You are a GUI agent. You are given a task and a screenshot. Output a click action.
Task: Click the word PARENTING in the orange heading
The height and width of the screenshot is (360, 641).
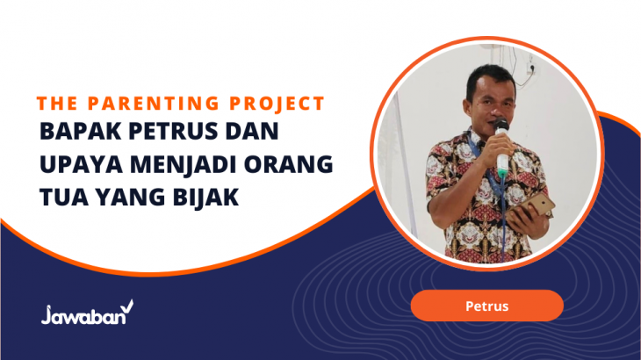click(x=154, y=104)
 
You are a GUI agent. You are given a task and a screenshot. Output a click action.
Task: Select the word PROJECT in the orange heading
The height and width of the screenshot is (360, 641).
click(x=277, y=104)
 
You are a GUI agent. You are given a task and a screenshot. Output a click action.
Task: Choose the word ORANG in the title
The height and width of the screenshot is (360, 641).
click(x=288, y=164)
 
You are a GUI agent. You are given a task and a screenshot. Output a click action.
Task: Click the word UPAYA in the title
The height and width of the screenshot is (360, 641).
click(x=81, y=164)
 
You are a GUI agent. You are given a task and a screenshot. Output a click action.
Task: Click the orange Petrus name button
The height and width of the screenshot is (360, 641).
click(x=486, y=306)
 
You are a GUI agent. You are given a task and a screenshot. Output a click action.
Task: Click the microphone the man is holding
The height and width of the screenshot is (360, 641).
click(x=501, y=148)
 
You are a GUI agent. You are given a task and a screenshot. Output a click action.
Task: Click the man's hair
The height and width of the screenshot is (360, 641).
click(x=491, y=78)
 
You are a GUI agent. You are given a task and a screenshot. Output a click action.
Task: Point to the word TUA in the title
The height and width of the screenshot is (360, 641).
click(x=64, y=198)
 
